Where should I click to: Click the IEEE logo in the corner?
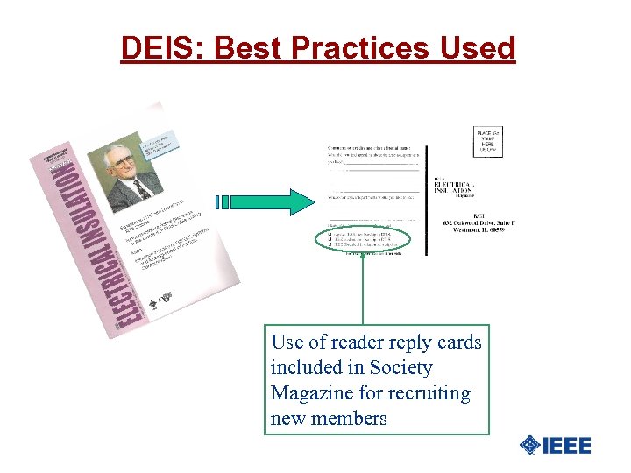tap(555, 445)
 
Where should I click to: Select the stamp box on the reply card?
tap(488, 142)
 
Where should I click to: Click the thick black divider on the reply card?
tap(427, 192)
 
